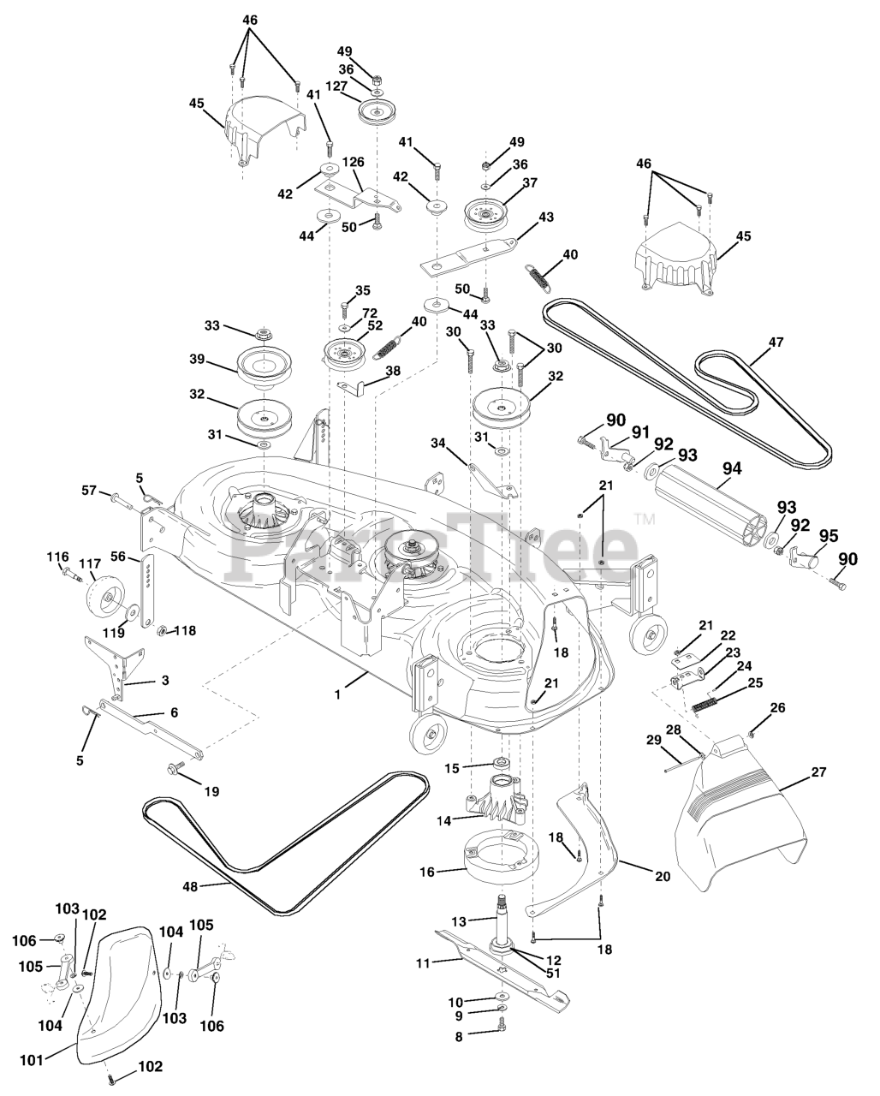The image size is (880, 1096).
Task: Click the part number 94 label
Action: pos(732,468)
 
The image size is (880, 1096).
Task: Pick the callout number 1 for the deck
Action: pos(337,695)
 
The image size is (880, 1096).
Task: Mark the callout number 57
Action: pos(89,491)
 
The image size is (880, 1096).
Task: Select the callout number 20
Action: pos(662,876)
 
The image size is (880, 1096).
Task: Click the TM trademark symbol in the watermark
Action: pos(644,519)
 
